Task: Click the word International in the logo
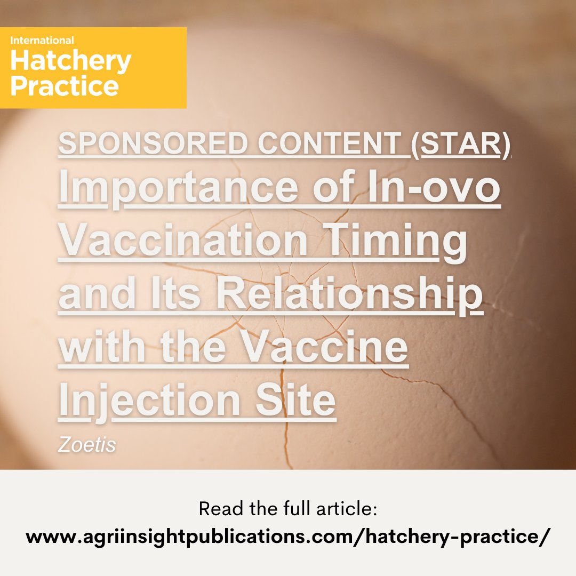point(42,40)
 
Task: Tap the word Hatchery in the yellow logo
point(70,61)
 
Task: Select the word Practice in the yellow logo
point(64,85)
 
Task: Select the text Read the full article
point(288,509)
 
